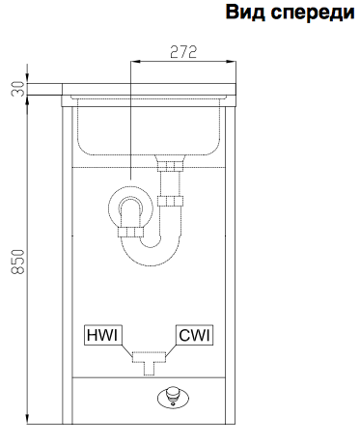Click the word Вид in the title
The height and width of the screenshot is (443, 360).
[245, 12]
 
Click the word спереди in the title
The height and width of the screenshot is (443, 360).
[312, 14]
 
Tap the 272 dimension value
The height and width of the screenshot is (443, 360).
[183, 52]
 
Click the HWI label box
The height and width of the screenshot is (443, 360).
[103, 335]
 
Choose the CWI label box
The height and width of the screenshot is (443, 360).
[194, 335]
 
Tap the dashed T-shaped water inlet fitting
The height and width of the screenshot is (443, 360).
[149, 363]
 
